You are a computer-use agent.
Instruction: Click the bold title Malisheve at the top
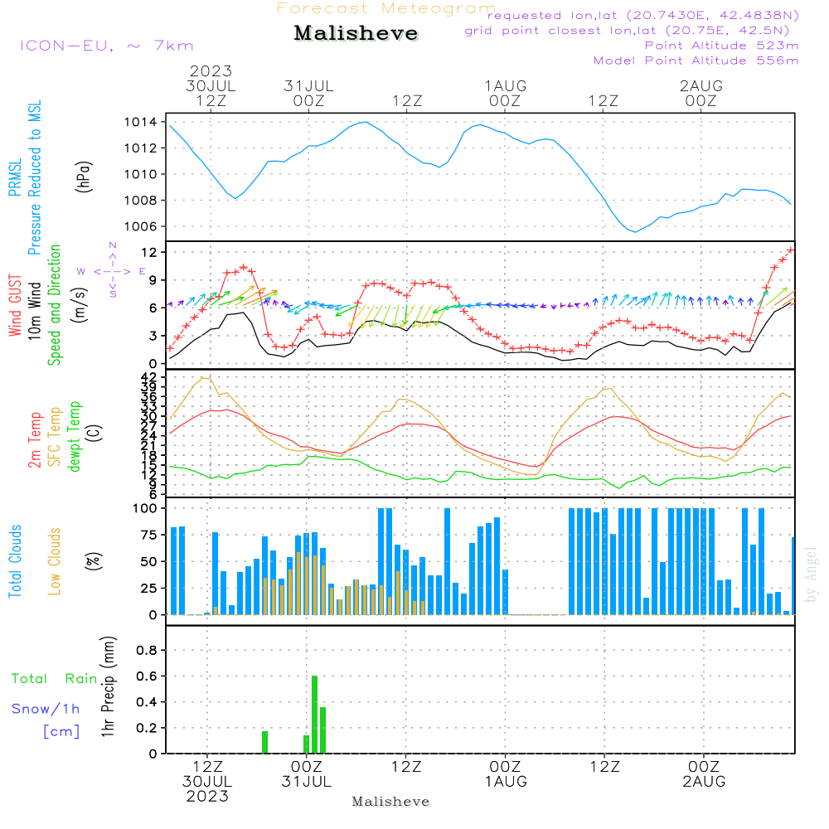coord(356,34)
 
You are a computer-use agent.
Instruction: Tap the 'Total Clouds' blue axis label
coord(15,561)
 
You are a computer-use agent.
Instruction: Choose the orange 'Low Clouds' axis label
coord(55,561)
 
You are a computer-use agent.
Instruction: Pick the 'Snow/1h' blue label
coord(46,709)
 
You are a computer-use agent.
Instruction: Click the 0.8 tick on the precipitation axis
coord(146,650)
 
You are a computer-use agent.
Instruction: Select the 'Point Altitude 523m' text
coord(721,45)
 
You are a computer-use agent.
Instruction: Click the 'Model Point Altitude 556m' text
coord(696,60)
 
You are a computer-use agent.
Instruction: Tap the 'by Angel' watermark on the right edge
coord(811,574)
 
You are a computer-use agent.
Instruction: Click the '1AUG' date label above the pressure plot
coord(506,85)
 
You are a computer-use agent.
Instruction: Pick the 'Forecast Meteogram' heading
coord(386,8)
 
